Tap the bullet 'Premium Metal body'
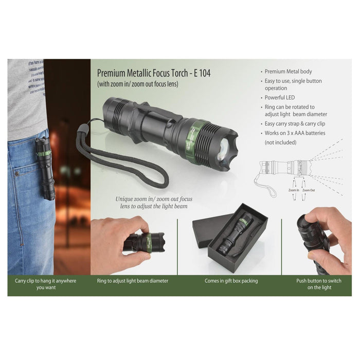288,71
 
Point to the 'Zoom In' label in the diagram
293,190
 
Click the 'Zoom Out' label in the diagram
309,190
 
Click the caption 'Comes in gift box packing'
231,281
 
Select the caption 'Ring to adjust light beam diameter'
133,281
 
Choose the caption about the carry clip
45,284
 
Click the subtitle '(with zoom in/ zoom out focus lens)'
137,83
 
